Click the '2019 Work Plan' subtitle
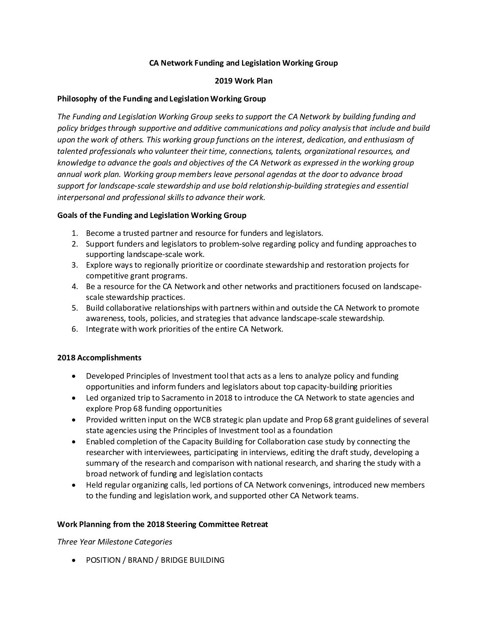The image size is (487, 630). point(243,81)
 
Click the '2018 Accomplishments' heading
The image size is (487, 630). point(99,358)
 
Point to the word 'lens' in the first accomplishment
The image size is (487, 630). point(289,376)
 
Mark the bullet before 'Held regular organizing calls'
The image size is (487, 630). point(74,485)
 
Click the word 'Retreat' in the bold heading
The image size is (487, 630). point(255,524)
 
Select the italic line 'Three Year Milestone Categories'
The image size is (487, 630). point(115,542)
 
